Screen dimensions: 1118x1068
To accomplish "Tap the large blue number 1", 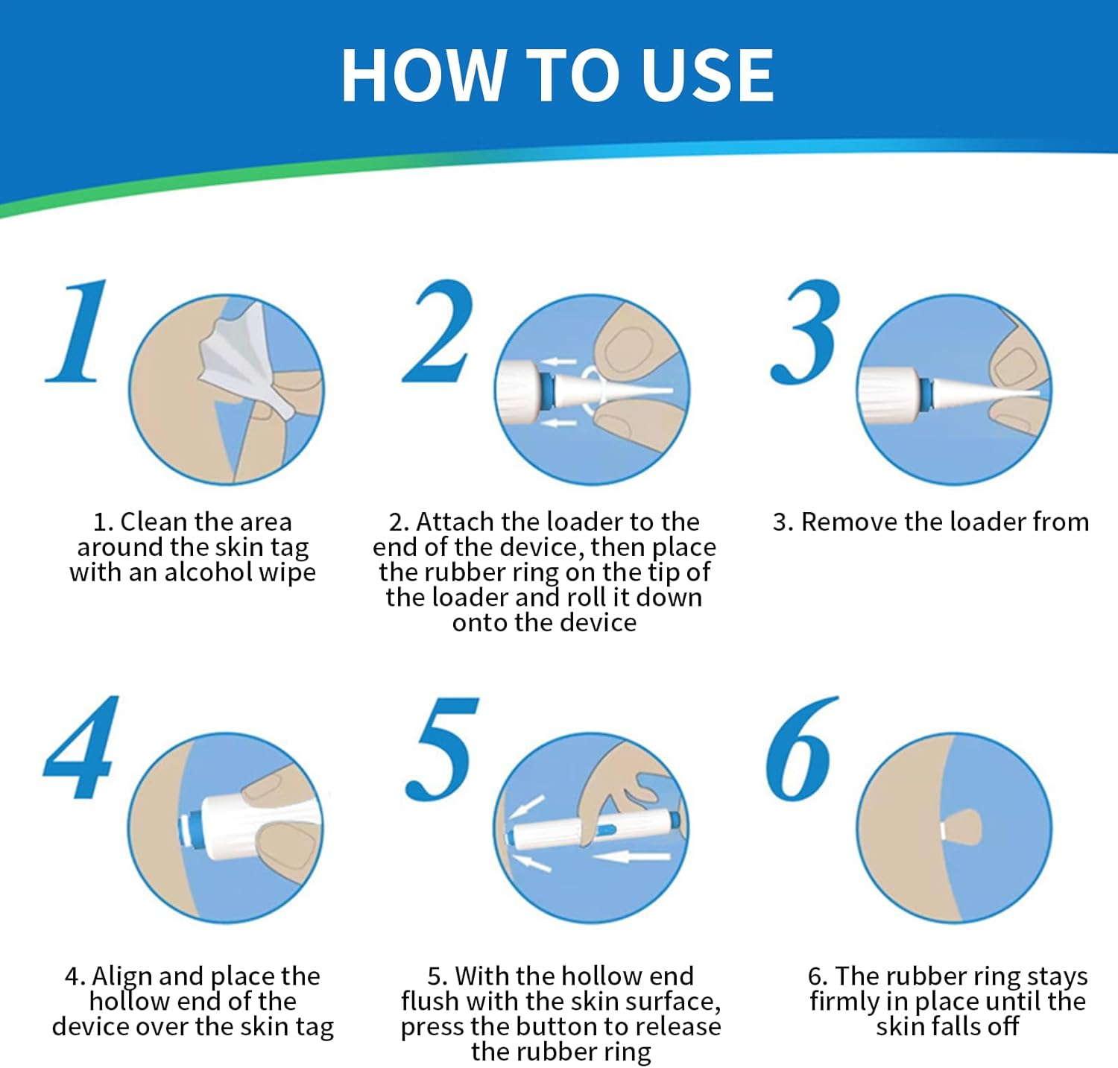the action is (x=77, y=331).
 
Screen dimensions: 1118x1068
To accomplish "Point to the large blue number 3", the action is (x=806, y=332).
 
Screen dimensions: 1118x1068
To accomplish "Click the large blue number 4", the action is (x=80, y=747).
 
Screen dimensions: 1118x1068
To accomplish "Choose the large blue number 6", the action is (x=801, y=749).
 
